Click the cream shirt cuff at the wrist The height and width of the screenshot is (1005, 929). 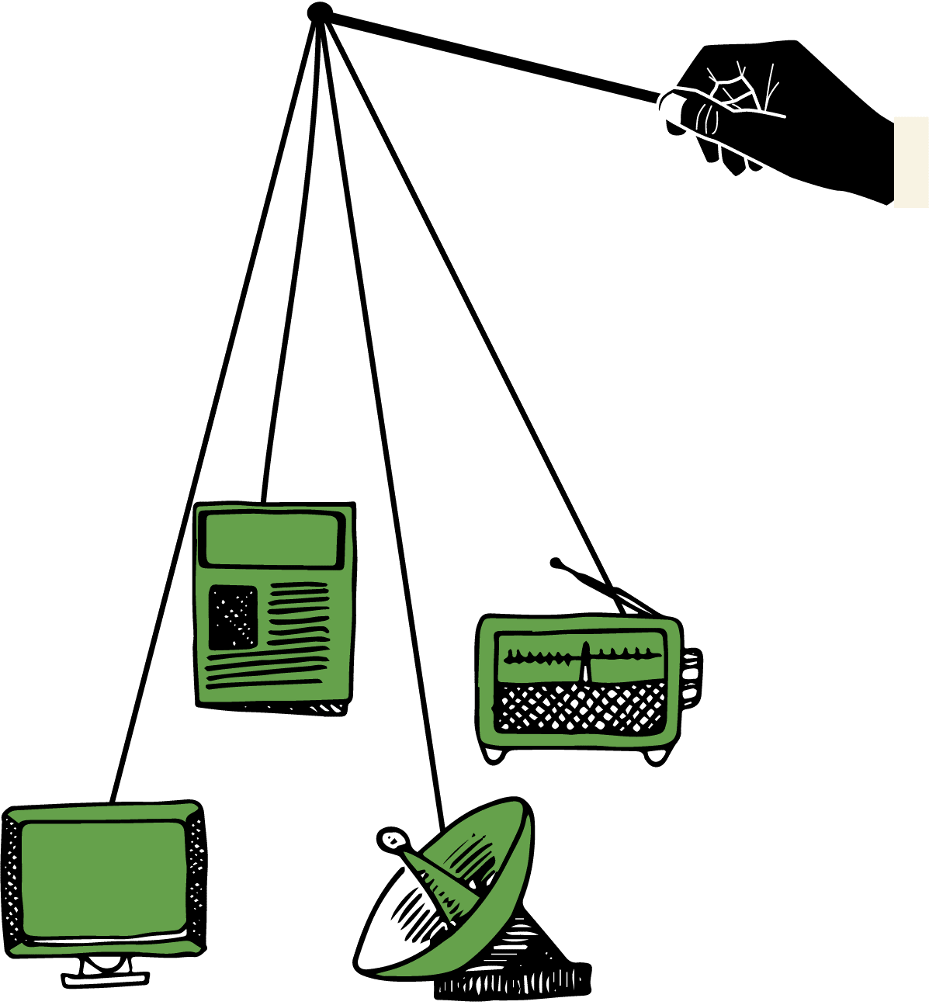pyautogui.click(x=911, y=161)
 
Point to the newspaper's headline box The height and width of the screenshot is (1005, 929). pyautogui.click(x=272, y=539)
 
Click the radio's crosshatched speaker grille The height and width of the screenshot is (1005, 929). pyautogui.click(x=581, y=708)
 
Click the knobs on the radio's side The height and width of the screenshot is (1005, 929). pyautogui.click(x=690, y=675)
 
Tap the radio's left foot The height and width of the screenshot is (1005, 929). pyautogui.click(x=494, y=754)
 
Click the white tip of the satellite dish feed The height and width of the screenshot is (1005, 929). pyautogui.click(x=393, y=839)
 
